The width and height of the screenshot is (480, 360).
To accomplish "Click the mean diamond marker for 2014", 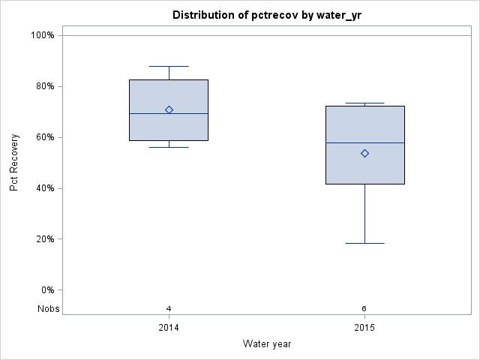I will [169, 109].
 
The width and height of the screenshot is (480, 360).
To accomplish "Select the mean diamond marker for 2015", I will [364, 153].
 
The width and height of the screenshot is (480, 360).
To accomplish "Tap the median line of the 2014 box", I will [169, 113].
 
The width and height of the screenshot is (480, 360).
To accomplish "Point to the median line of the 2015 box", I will [364, 142].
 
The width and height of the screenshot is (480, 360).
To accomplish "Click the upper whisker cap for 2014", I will [169, 66].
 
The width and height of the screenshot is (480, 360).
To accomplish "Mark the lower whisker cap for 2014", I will [169, 147].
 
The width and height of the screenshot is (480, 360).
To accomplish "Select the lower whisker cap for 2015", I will [364, 243].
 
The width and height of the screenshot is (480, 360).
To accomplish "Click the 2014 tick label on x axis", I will [169, 328].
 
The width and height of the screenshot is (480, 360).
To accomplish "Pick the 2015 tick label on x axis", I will [364, 328].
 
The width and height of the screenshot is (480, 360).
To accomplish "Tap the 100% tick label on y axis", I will [42, 35].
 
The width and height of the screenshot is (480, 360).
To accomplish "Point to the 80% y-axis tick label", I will [44, 86].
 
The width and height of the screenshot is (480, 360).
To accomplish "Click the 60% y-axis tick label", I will [44, 137].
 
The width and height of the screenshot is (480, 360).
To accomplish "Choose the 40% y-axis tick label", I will [44, 188].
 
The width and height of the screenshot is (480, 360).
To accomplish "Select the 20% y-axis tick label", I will [44, 239].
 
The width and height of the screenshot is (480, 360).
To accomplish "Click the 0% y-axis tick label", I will [46, 290].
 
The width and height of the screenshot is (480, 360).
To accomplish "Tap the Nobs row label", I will [48, 309].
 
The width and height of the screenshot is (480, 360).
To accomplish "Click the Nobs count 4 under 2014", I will [169, 309].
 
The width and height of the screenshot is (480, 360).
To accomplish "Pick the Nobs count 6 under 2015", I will [364, 309].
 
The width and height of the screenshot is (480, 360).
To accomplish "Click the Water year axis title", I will [266, 344].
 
